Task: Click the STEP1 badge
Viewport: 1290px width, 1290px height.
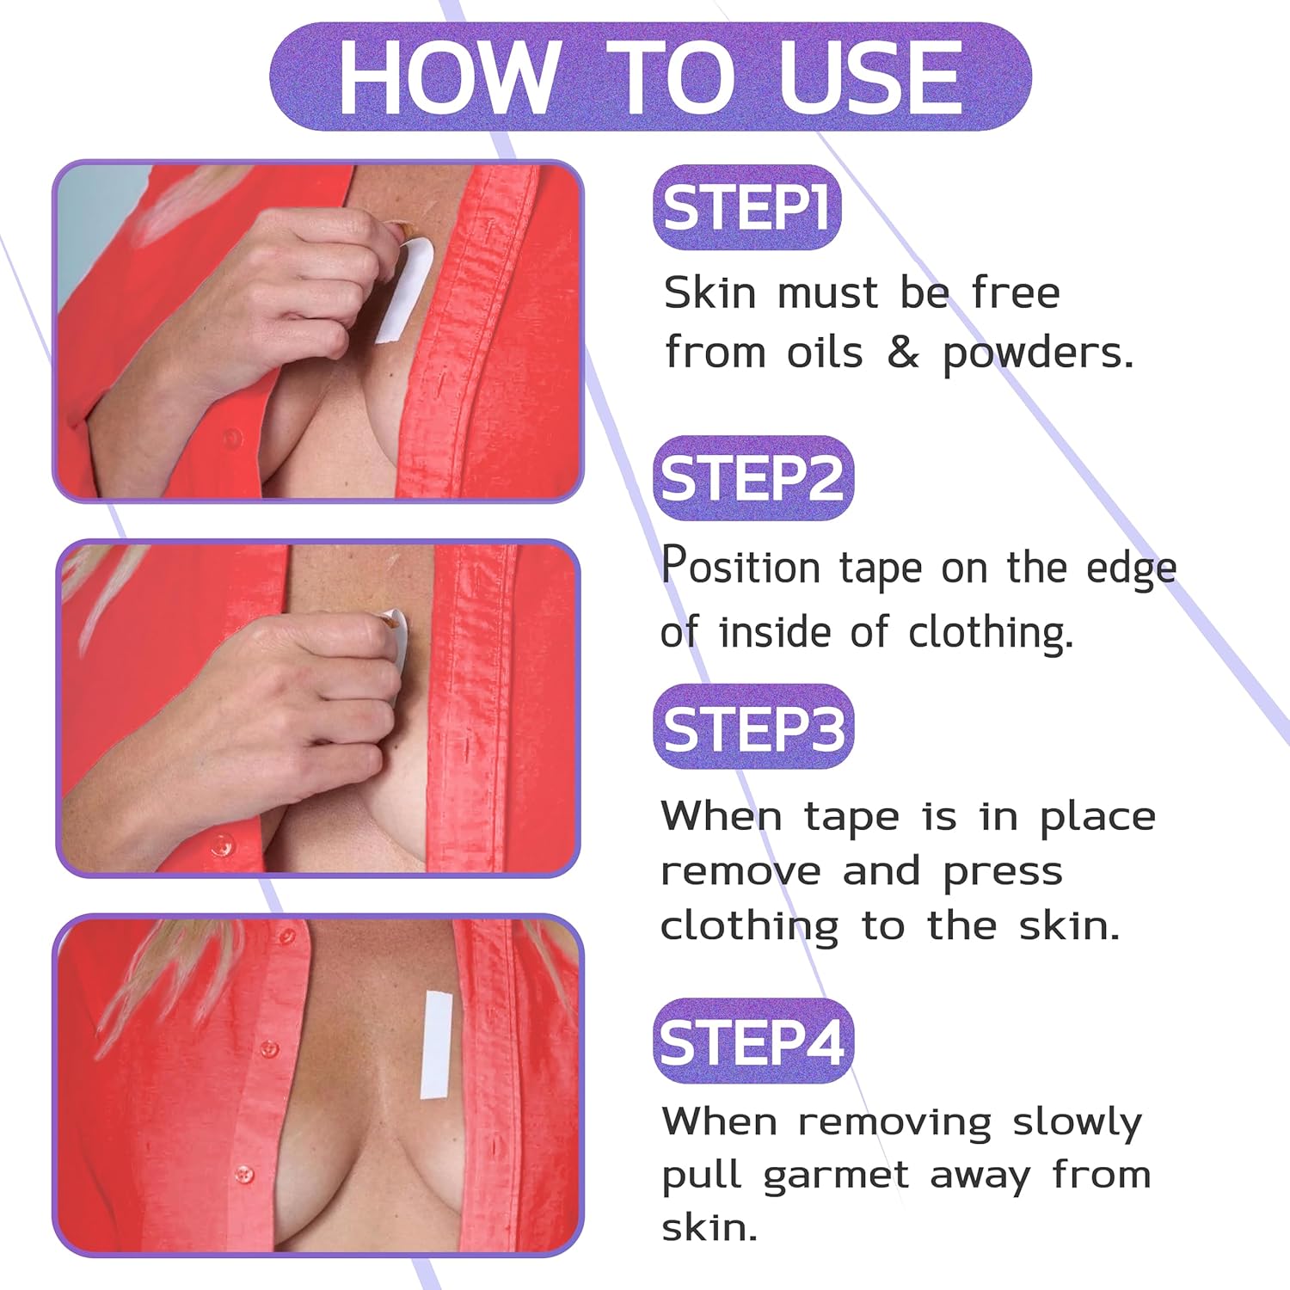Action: [x=746, y=207]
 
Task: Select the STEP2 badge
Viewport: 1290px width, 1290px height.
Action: [x=753, y=478]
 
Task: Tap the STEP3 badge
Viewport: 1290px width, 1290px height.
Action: [x=753, y=727]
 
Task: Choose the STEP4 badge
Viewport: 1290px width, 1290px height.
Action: [x=753, y=1041]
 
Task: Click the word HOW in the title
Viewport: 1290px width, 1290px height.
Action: [x=448, y=78]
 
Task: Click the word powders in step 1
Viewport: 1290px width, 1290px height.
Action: [x=1038, y=353]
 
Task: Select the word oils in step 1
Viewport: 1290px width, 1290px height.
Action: [x=824, y=353]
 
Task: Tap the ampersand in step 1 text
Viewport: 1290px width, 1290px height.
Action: [x=902, y=353]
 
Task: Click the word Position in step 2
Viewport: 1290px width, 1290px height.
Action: [x=740, y=566]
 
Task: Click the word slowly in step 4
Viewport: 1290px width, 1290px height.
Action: [x=1077, y=1121]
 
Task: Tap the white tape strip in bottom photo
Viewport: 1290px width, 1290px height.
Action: [x=436, y=1045]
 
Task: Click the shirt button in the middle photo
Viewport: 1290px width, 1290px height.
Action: [x=224, y=845]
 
